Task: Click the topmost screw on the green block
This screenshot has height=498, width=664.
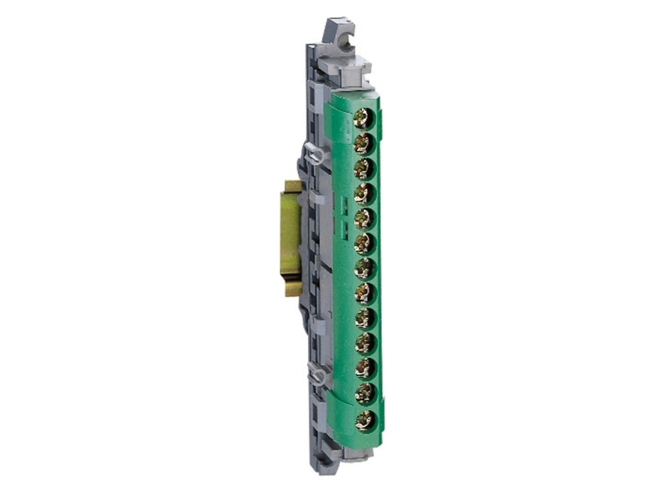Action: click(x=363, y=119)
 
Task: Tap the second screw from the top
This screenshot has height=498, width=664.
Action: click(x=363, y=144)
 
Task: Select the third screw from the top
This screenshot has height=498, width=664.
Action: click(x=363, y=168)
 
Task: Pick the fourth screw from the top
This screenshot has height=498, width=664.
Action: click(x=363, y=193)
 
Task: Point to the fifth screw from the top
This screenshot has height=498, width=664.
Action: click(x=363, y=218)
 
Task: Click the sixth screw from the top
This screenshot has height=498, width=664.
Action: click(x=363, y=243)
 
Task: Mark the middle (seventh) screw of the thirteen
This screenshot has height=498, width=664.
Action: click(x=363, y=268)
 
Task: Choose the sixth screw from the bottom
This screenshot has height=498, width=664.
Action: click(x=363, y=293)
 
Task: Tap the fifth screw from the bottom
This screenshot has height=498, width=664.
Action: click(x=363, y=318)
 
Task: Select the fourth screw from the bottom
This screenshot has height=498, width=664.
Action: click(x=363, y=343)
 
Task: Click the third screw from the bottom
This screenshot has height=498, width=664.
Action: click(x=363, y=368)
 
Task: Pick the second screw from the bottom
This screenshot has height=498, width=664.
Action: click(x=363, y=393)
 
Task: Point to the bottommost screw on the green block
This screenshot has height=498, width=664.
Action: click(x=363, y=419)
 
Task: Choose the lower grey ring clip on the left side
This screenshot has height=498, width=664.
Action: click(x=316, y=376)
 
